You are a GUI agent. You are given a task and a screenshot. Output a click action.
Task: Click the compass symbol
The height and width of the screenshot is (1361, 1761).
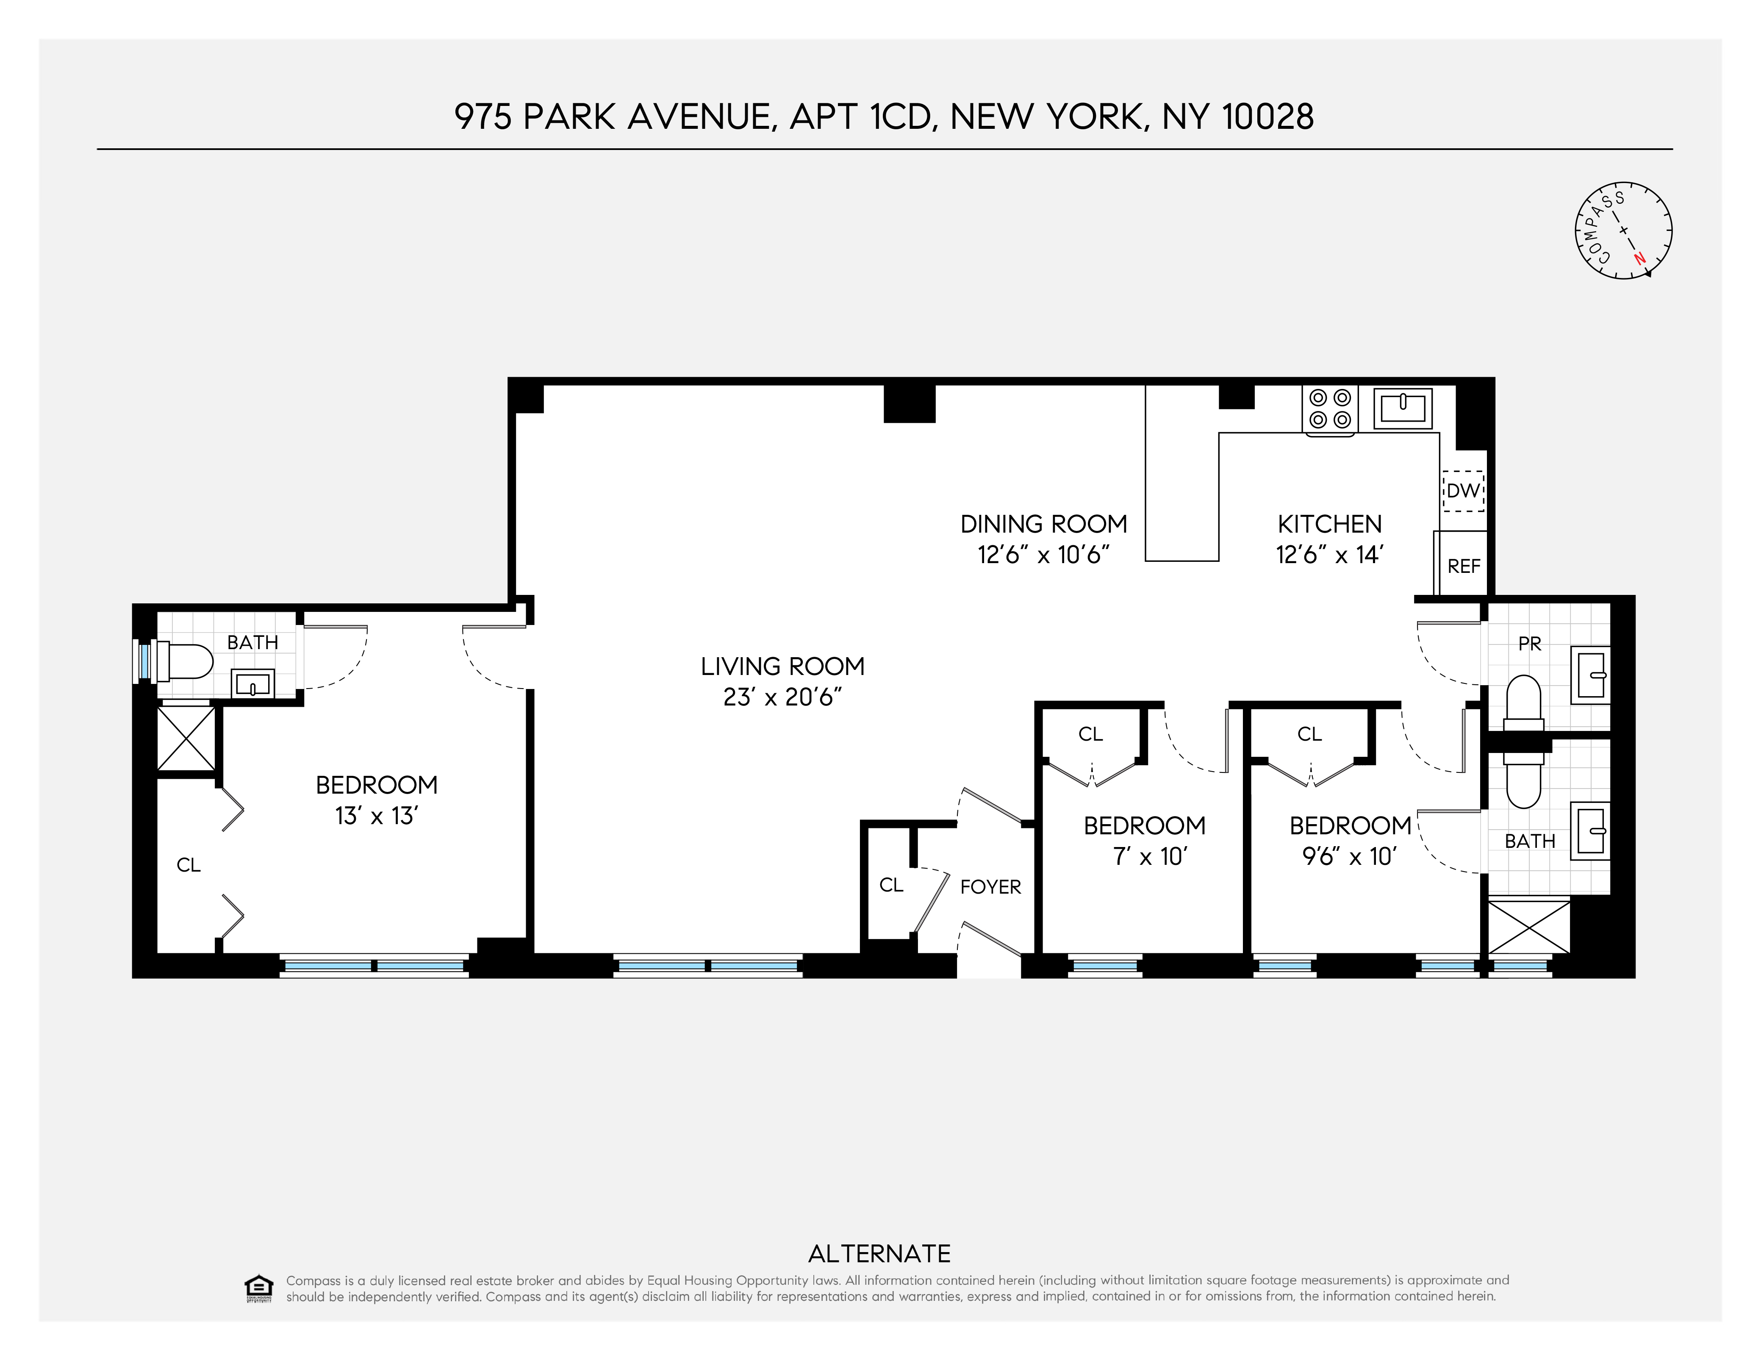point(1623,231)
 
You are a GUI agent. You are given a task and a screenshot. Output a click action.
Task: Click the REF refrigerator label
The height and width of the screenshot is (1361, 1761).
point(1464,567)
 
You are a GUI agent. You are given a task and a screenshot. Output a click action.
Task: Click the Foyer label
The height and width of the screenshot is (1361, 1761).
point(990,887)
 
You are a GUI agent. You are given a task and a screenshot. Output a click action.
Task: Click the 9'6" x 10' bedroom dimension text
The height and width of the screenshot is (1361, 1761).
point(1349,857)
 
